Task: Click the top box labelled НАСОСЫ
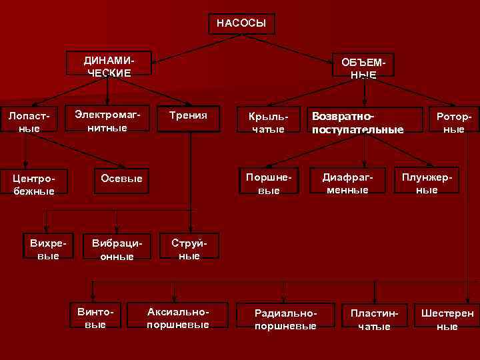[241, 23]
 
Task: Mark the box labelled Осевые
[121, 179]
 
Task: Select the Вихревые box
[45, 249]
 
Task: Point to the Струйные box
[189, 249]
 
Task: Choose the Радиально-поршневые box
[285, 319]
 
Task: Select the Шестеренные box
[447, 319]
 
